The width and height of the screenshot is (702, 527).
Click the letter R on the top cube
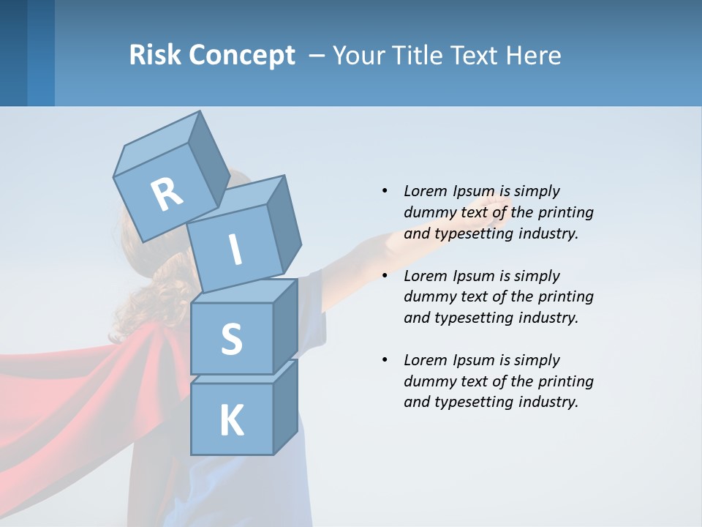[167, 194]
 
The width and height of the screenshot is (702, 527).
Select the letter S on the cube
[231, 339]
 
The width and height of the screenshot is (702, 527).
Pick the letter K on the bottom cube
[231, 421]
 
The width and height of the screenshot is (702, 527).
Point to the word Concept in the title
[242, 56]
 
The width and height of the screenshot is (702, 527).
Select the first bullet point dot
[384, 191]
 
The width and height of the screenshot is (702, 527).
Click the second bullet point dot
[384, 276]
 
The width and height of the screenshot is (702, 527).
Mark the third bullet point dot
[384, 360]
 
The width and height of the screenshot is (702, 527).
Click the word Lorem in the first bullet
[426, 191]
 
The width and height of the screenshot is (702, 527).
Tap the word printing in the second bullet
[565, 296]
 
